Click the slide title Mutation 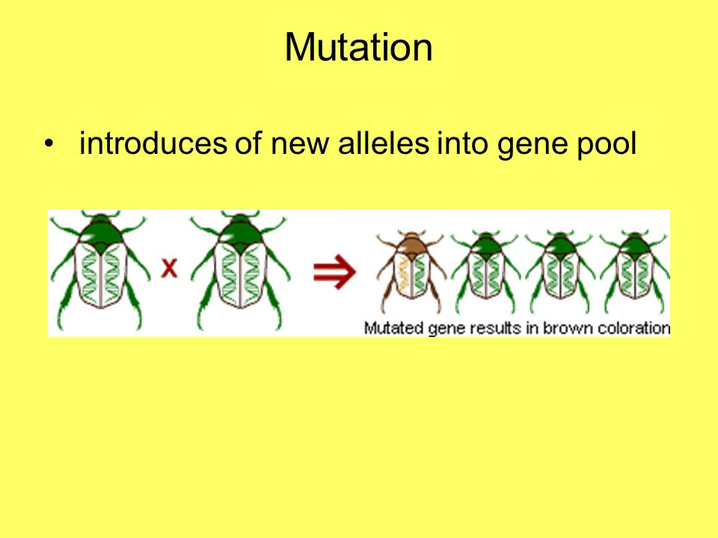358,47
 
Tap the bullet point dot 49,144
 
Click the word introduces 153,143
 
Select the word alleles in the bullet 383,143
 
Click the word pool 607,144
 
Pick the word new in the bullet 300,146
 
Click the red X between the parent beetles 170,268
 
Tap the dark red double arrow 334,272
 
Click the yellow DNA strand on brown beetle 403,273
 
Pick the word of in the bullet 248,143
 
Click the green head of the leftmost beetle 101,231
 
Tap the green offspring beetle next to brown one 485,272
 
